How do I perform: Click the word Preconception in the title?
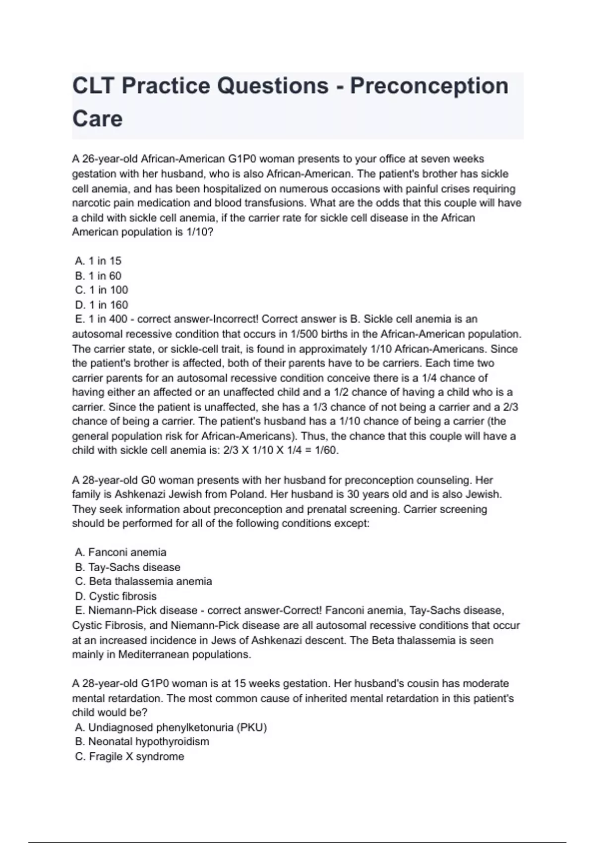tap(429, 86)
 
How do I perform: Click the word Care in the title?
tap(97, 119)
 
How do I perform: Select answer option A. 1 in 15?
tap(98, 261)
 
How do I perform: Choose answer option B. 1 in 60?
tap(98, 276)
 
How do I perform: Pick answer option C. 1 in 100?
tap(102, 290)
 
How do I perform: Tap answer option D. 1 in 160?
tap(102, 305)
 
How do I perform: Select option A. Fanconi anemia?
tap(120, 552)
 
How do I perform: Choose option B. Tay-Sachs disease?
tap(127, 567)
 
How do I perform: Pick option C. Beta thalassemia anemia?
tap(143, 582)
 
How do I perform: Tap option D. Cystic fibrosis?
tap(116, 597)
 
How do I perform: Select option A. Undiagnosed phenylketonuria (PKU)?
tap(171, 727)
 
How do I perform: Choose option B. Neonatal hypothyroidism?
tap(142, 742)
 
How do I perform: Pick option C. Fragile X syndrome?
tap(129, 757)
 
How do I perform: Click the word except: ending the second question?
tap(353, 524)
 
